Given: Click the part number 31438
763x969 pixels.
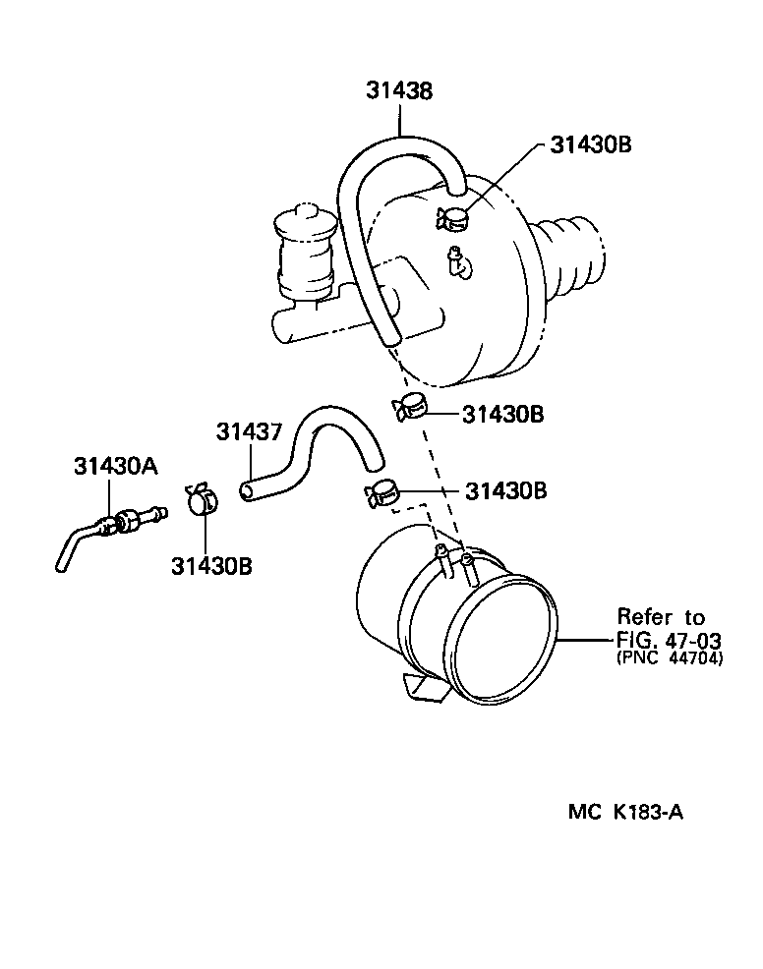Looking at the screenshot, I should pyautogui.click(x=400, y=91).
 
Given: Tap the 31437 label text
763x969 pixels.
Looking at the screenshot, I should pyautogui.click(x=249, y=432).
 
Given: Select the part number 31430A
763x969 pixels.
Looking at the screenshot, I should pyautogui.click(x=115, y=466).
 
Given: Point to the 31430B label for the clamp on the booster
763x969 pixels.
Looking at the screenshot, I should pyautogui.click(x=590, y=145).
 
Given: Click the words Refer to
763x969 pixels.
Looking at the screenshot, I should pyautogui.click(x=661, y=617).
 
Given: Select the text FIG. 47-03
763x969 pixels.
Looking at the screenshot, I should pyautogui.click(x=668, y=639).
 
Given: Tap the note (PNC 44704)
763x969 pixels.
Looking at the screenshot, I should pyautogui.click(x=669, y=659).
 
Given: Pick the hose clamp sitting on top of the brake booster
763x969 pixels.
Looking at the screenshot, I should pyautogui.click(x=454, y=219).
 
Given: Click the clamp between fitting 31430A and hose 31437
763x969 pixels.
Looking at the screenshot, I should pyautogui.click(x=202, y=499).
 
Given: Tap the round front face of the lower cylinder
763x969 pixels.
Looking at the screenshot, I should pyautogui.click(x=509, y=644).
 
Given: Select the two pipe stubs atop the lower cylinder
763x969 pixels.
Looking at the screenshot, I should pyautogui.click(x=454, y=563).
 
